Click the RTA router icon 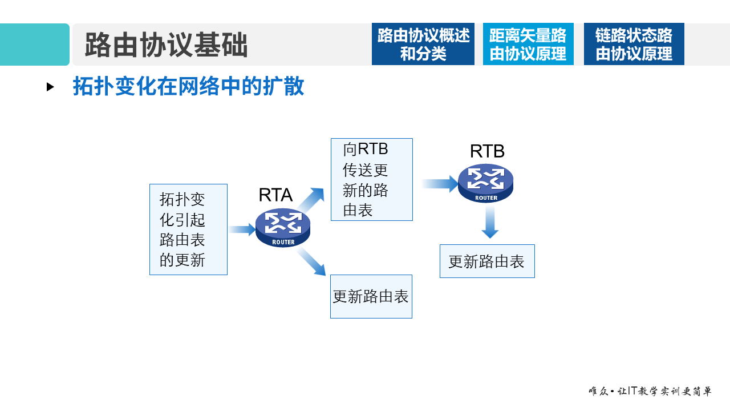(x=283, y=228)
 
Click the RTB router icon (x=486, y=183)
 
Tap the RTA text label (x=275, y=195)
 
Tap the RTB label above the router (x=487, y=151)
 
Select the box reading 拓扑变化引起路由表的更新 (x=188, y=229)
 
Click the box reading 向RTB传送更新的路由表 (x=371, y=179)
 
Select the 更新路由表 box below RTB (x=487, y=261)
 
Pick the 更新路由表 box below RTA (x=371, y=296)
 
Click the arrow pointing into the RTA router (x=242, y=229)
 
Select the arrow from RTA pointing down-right (x=311, y=262)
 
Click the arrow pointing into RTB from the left (x=440, y=184)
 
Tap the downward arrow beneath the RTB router (x=489, y=222)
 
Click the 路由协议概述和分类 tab (x=423, y=45)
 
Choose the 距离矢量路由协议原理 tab (x=528, y=45)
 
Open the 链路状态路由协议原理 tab (x=634, y=45)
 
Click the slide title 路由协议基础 (x=166, y=45)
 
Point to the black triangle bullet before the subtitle (x=50, y=87)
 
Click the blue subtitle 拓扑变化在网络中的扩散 (x=188, y=86)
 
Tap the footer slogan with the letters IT (x=650, y=392)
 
